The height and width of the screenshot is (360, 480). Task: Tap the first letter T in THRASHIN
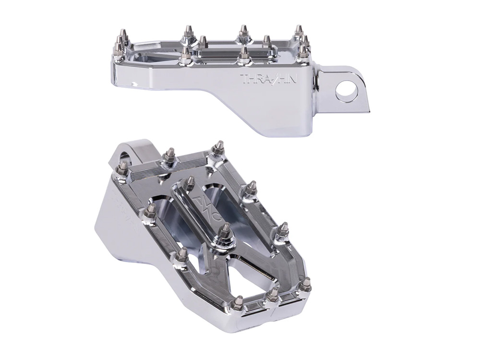243,78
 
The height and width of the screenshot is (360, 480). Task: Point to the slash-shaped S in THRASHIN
270,78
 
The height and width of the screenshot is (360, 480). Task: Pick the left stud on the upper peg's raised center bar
203,42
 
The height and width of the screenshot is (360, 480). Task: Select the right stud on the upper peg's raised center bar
267,41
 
